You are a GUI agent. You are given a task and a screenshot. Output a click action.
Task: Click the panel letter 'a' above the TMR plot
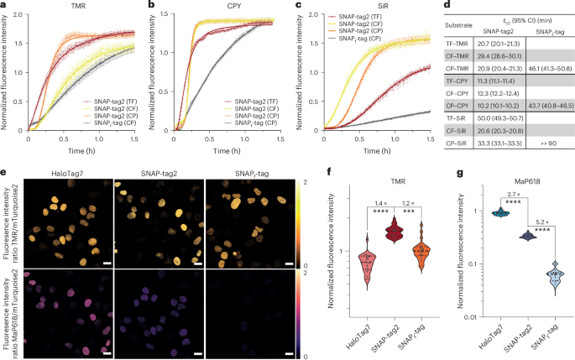tap(5, 5)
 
